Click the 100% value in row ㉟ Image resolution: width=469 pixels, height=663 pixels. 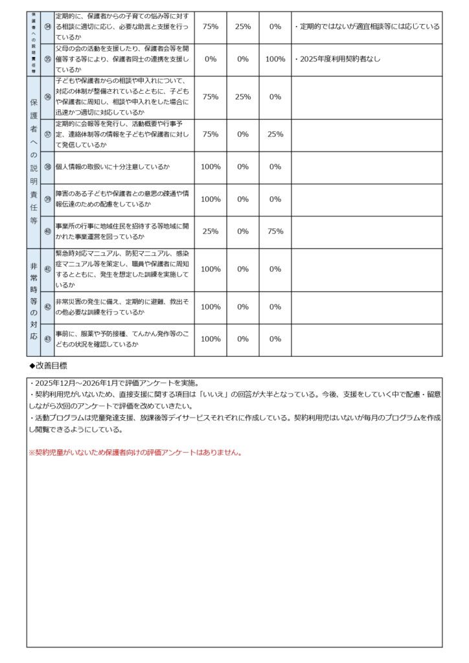pos(275,59)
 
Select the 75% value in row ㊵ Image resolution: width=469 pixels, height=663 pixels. pos(275,231)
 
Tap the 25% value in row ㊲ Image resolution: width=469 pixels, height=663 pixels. pos(275,134)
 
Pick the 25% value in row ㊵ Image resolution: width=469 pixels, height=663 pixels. pos(211,231)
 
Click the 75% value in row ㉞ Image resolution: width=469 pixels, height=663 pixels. pos(211,27)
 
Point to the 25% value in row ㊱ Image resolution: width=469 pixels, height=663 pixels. pos(243,96)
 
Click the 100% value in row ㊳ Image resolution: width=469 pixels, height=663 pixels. pos(211,166)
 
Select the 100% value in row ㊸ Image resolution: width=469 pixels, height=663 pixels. pos(211,339)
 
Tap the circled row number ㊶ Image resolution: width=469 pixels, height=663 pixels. pos(47,269)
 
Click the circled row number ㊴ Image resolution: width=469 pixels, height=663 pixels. pos(47,199)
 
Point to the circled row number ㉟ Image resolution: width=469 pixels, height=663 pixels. pos(47,59)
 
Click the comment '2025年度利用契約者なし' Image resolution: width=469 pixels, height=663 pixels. pos(337,59)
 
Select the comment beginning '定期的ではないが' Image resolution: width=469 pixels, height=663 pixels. pos(367,27)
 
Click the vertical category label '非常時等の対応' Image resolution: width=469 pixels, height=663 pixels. pos(34,302)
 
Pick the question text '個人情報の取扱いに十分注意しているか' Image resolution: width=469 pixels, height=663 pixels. pos(113,167)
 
